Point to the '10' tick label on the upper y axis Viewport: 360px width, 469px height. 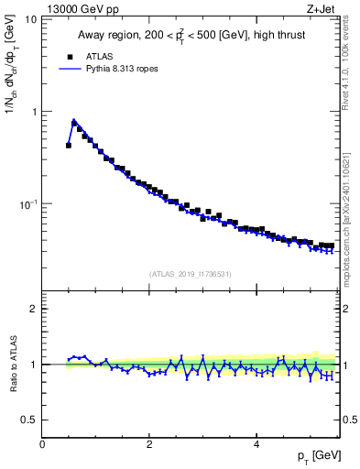coord(30,19)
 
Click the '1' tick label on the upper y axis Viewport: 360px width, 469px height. coord(34,112)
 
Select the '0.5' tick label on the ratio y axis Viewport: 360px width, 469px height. coord(29,420)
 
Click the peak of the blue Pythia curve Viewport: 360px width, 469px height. coord(73,120)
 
